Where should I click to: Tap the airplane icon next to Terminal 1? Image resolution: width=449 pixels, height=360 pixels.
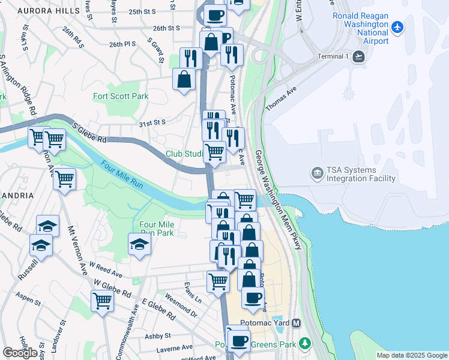tap(358, 56)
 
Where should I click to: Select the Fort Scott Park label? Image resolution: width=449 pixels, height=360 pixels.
tap(120, 96)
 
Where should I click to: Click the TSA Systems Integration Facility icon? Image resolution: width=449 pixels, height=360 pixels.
tap(316, 174)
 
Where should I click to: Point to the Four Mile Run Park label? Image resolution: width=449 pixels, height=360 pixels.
tap(157, 229)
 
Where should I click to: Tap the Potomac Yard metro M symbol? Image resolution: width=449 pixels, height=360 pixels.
tap(296, 323)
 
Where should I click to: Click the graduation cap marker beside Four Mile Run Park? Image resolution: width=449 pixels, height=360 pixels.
tap(139, 244)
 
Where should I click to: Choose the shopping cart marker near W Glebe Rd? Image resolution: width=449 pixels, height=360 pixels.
tap(102, 300)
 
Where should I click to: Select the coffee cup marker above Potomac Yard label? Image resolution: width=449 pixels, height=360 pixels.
tap(253, 297)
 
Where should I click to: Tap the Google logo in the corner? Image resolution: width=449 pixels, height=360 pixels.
tap(20, 353)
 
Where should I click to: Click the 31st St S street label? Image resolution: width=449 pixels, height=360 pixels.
tap(152, 122)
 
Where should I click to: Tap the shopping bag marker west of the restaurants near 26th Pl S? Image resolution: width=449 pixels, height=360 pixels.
tap(184, 79)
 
